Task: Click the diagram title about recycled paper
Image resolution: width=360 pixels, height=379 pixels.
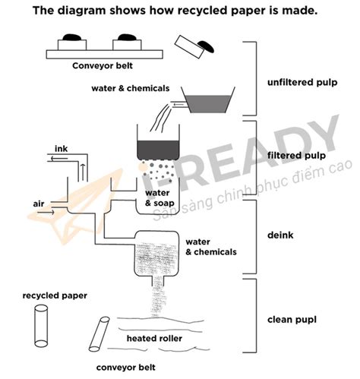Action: tap(179, 12)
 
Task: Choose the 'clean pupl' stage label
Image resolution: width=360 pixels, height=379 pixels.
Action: tap(292, 321)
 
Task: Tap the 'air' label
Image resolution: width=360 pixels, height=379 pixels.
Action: tap(39, 204)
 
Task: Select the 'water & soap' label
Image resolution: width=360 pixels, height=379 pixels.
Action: tap(158, 199)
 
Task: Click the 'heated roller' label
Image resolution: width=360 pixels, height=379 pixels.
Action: tap(153, 336)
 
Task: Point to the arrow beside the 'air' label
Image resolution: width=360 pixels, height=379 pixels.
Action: tap(43, 213)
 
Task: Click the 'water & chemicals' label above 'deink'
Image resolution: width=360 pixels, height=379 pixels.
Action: tap(210, 246)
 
